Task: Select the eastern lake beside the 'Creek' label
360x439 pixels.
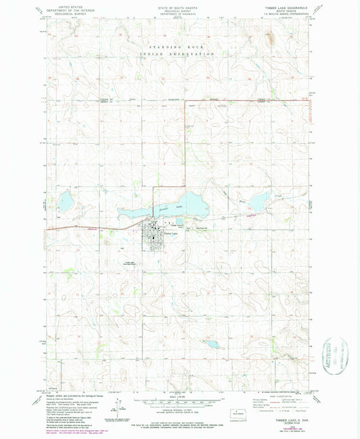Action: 258,202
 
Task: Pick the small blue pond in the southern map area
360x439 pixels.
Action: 211,344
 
